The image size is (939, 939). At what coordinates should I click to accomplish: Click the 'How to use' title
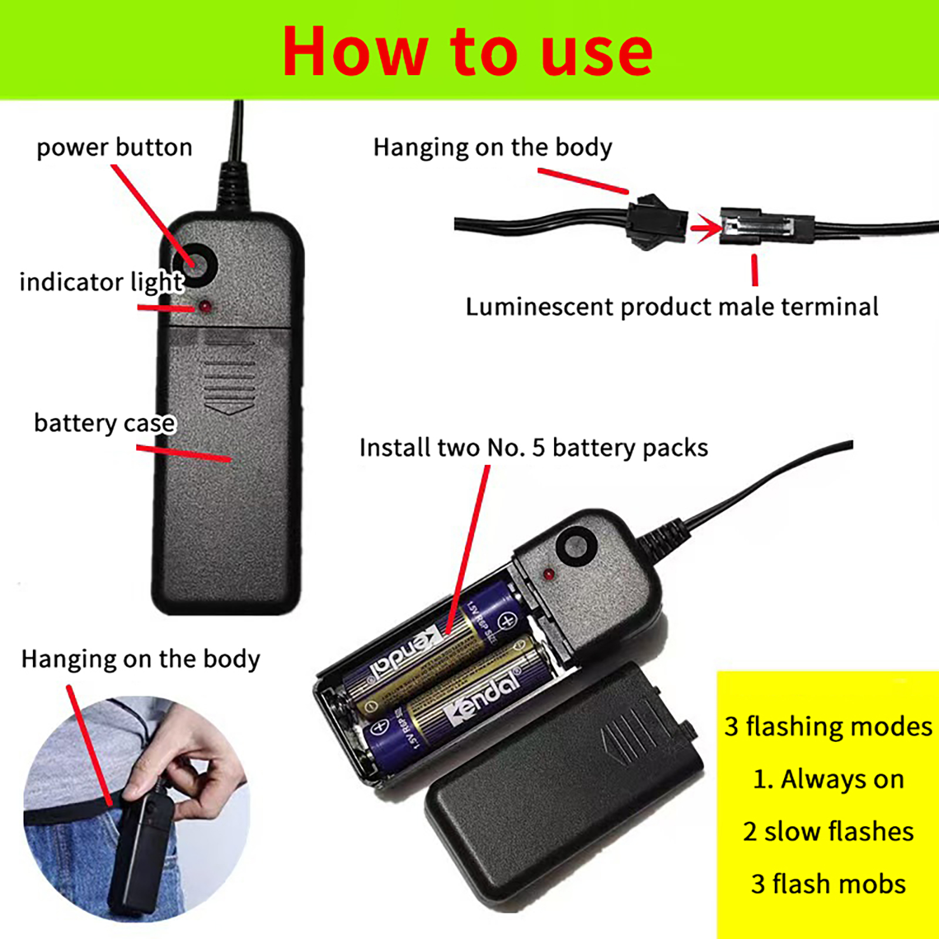pyautogui.click(x=468, y=52)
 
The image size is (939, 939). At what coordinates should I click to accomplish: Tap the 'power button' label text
pyautogui.click(x=114, y=147)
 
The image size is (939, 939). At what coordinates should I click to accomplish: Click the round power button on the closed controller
pyautogui.click(x=195, y=265)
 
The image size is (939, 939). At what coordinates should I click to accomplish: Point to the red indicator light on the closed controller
pyautogui.click(x=205, y=306)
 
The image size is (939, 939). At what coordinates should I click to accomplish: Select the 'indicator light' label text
pyautogui.click(x=102, y=282)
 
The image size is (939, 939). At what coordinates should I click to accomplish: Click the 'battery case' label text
pyautogui.click(x=104, y=423)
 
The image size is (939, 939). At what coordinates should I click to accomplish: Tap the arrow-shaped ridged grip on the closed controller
pyautogui.click(x=229, y=376)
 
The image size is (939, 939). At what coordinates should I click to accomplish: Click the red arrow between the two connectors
pyautogui.click(x=707, y=228)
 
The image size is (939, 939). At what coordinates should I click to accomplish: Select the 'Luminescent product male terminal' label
pyautogui.click(x=672, y=307)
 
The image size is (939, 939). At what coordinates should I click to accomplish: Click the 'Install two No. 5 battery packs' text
pyautogui.click(x=533, y=448)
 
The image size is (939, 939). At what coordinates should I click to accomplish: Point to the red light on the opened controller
pyautogui.click(x=548, y=573)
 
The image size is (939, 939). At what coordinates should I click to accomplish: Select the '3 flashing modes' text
pyautogui.click(x=828, y=727)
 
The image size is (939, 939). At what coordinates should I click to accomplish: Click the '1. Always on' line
pyautogui.click(x=828, y=779)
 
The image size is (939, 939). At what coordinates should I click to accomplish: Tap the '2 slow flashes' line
pyautogui.click(x=828, y=832)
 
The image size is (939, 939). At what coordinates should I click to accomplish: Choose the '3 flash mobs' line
pyautogui.click(x=828, y=884)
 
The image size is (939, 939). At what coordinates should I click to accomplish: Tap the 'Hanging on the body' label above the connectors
pyautogui.click(x=493, y=148)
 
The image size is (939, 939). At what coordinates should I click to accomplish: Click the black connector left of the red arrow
pyautogui.click(x=657, y=221)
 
